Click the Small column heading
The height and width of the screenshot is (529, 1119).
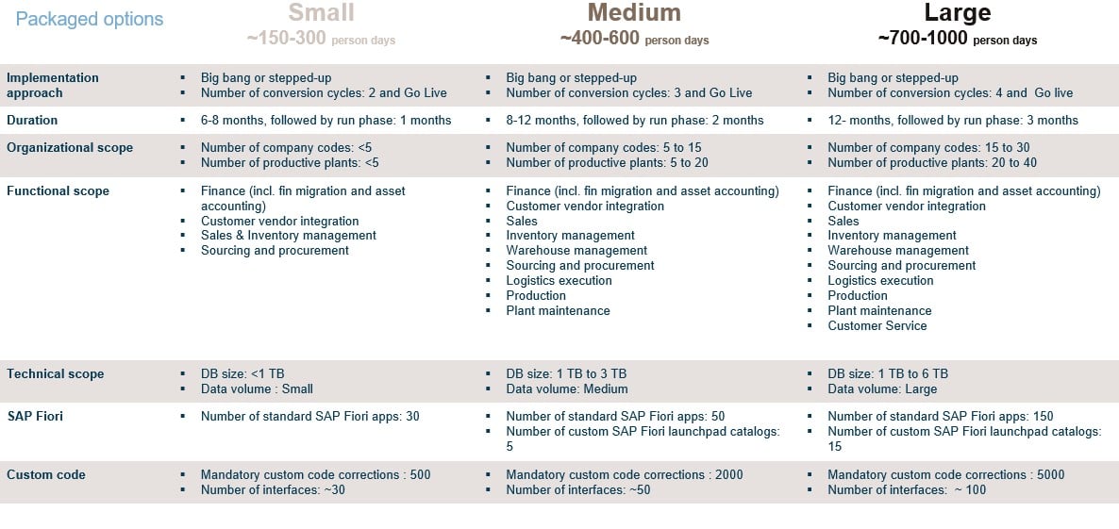click(x=321, y=13)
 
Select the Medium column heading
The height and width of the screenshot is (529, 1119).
click(x=633, y=13)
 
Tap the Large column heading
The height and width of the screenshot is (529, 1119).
click(x=958, y=13)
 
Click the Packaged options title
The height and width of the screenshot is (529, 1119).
click(x=90, y=20)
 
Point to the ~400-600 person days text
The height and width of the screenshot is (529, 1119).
click(x=634, y=40)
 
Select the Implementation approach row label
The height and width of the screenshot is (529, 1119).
click(x=53, y=85)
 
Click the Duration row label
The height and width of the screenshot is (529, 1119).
click(x=32, y=121)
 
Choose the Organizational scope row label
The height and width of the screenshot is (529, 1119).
click(x=70, y=148)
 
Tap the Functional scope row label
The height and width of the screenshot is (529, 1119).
click(x=58, y=191)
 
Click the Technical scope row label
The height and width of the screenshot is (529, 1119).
click(x=55, y=374)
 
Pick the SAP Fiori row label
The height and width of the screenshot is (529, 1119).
click(x=35, y=416)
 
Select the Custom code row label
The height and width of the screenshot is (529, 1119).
click(x=46, y=475)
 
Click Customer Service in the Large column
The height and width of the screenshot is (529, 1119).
click(x=877, y=326)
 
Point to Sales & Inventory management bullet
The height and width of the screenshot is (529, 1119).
click(x=288, y=236)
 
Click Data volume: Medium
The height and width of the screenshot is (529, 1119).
click(x=566, y=389)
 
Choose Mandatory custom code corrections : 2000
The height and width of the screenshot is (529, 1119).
click(x=624, y=475)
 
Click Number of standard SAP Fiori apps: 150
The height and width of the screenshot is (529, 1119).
click(x=940, y=417)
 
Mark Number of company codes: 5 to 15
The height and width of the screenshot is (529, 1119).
click(x=603, y=148)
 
